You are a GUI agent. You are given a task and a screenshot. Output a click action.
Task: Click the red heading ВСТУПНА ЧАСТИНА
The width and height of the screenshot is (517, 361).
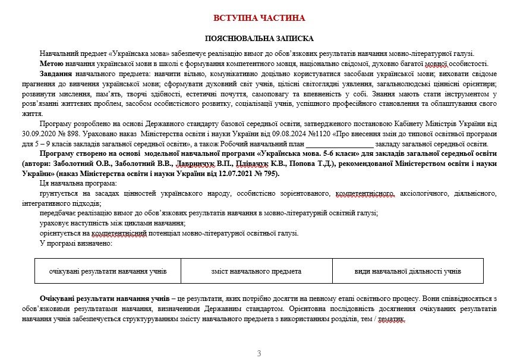(258, 18)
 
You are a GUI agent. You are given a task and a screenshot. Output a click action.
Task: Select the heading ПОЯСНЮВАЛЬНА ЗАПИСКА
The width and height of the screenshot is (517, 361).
(258, 37)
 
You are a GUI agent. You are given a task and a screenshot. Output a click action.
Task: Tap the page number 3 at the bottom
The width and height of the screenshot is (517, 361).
(258, 354)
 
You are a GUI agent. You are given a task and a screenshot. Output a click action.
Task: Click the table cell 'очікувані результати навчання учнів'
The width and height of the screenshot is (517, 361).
(108, 271)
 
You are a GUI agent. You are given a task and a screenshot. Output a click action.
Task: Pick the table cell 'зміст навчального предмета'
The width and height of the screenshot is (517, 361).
(256, 271)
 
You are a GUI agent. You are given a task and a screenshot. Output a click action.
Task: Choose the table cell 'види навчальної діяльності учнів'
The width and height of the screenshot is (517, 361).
(408, 271)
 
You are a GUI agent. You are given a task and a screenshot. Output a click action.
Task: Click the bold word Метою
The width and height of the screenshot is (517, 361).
(52, 64)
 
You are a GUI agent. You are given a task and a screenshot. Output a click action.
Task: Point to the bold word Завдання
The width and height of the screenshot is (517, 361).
(56, 74)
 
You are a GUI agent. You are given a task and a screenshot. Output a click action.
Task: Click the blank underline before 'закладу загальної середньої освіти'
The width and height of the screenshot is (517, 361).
(339, 144)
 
